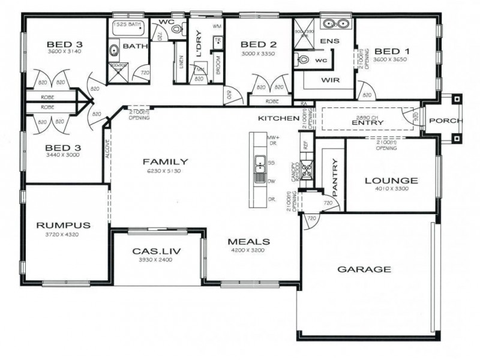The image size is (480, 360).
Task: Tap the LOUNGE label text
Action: pos(391,180)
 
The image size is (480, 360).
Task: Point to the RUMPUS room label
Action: pos(63,226)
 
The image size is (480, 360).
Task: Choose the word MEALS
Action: pos(249,242)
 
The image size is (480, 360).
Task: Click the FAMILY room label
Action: pos(165,161)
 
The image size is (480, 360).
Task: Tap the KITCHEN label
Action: pos(278,119)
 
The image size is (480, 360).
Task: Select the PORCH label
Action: pos(445,121)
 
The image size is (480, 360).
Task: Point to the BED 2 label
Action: pos(259,44)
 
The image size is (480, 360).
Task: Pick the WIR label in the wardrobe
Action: pos(331,79)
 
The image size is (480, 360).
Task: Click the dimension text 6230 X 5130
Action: pos(165,171)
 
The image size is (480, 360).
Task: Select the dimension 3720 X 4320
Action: pos(63,235)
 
